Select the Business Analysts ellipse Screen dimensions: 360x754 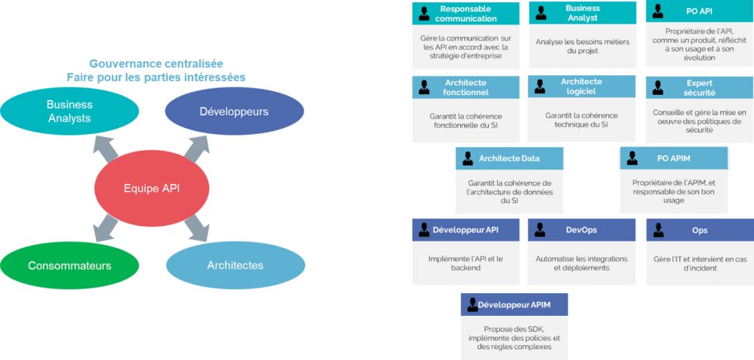click(69, 111)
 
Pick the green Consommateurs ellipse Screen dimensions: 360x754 click(69, 265)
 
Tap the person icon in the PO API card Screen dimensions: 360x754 click(658, 13)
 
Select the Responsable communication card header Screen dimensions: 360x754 click(465, 13)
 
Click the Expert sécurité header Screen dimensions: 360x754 click(699, 88)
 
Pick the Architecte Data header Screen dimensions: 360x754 click(509, 158)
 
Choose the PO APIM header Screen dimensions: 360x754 click(674, 158)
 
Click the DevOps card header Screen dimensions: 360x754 click(581, 230)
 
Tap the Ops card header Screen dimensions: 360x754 click(699, 230)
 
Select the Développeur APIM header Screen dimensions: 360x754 click(515, 304)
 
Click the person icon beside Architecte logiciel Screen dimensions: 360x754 click(540, 88)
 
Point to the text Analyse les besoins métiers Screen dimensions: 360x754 click(582, 46)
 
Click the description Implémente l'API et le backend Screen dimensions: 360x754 click(465, 263)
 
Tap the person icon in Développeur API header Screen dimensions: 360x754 click(424, 230)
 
